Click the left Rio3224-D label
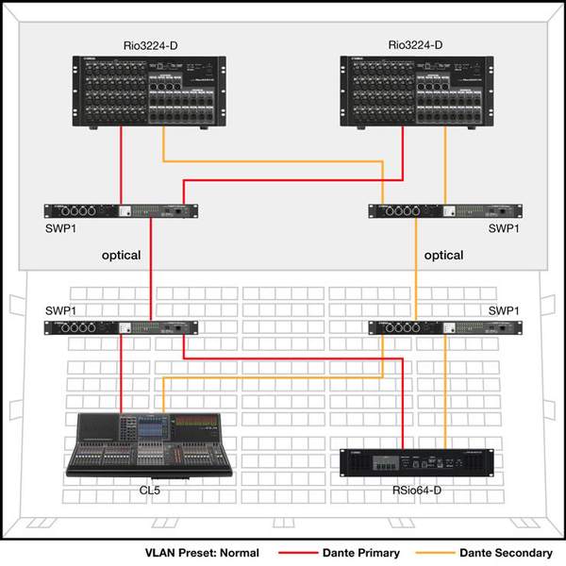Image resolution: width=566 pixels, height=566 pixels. click(x=151, y=46)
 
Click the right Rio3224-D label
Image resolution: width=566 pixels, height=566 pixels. click(x=415, y=45)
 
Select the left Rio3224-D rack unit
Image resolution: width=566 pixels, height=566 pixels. click(x=149, y=92)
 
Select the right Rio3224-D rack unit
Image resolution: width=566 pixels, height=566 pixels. click(x=417, y=92)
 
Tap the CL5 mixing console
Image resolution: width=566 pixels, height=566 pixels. click(x=149, y=446)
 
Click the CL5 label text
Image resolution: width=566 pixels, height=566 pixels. click(x=149, y=491)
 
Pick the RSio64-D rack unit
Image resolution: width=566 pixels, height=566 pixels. click(x=417, y=463)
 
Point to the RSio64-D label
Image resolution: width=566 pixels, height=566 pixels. click(x=417, y=491)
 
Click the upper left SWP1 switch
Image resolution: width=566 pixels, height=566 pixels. click(x=121, y=211)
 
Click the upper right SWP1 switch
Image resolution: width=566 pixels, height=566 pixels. click(x=445, y=211)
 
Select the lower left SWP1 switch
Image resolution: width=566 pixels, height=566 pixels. click(x=121, y=327)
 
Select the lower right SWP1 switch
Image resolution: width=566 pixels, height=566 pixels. click(x=445, y=327)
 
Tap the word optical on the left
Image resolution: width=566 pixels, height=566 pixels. click(x=122, y=256)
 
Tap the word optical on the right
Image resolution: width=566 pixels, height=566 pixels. click(x=443, y=256)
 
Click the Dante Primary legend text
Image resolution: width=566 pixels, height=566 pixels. click(x=361, y=553)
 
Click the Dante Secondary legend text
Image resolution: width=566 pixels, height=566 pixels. click(x=506, y=553)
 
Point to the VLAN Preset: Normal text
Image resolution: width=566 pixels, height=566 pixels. click(x=202, y=553)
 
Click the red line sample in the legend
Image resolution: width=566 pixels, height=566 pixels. click(x=298, y=553)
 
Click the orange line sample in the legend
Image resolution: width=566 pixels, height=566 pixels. click(x=435, y=553)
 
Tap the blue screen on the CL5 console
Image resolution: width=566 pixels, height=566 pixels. click(x=153, y=428)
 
